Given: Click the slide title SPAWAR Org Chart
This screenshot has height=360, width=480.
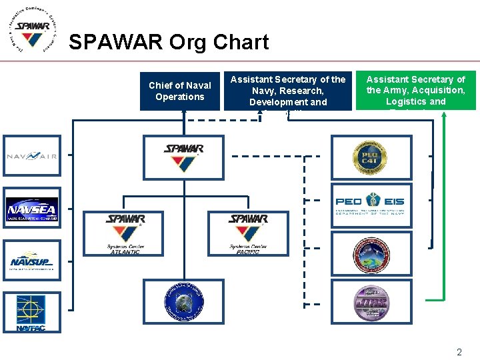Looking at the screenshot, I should [169, 43].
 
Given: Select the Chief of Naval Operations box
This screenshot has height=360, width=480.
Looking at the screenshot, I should [179, 91].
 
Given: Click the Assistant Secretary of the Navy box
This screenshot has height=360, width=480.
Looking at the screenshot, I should [287, 91].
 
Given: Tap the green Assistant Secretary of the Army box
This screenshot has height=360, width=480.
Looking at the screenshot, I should [415, 91].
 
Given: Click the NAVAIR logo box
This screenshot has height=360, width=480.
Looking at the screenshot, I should [31, 156].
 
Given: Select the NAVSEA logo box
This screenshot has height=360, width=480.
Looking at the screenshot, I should [31, 209].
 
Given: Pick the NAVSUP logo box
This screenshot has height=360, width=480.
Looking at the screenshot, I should [31, 261].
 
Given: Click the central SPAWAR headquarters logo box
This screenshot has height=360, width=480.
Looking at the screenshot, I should [183, 157].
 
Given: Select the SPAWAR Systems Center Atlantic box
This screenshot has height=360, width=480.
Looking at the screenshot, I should [125, 233].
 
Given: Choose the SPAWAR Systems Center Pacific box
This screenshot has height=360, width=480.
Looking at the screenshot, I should [247, 233].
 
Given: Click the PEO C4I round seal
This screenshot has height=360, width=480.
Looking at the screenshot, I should [369, 157].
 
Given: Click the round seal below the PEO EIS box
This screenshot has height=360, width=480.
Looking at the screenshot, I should [369, 254].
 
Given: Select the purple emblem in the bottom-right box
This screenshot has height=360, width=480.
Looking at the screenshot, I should [369, 301].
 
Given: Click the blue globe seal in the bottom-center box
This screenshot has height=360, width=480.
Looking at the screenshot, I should [183, 301].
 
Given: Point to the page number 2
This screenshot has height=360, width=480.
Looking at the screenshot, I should [459, 352].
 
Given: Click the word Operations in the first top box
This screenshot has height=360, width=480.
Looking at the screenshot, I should [179, 97].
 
